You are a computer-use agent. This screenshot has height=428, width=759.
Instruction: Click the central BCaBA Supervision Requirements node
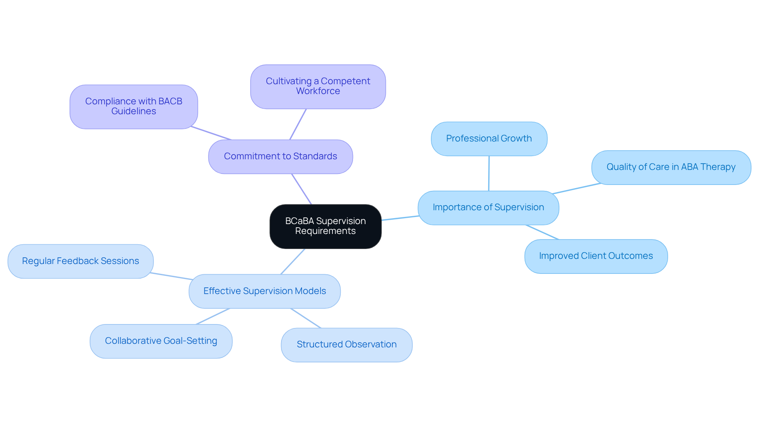pos(325,226)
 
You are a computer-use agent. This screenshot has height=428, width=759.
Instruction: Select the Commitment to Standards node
pos(280,156)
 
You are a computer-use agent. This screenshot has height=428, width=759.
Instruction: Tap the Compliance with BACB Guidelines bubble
pos(134,106)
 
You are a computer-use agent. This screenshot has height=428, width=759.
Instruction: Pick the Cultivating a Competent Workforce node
pos(318,86)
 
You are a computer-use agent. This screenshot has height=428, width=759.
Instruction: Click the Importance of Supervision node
pos(488,207)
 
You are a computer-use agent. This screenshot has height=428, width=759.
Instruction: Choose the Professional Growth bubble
pos(489,139)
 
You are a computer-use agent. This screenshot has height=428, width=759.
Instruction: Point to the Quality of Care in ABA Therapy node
pos(671,167)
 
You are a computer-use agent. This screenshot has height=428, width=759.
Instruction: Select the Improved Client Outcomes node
pos(596,256)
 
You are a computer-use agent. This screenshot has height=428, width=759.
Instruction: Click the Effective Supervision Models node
pos(264,291)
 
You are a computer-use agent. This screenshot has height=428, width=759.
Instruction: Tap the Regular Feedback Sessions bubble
pos(80,261)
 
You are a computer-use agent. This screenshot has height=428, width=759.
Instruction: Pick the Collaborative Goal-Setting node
pos(161,341)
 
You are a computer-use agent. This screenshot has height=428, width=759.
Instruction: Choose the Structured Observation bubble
pos(346,345)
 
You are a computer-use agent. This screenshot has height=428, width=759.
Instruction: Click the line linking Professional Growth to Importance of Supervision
pos(489,173)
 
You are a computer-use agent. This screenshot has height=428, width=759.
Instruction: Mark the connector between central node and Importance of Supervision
pos(400,218)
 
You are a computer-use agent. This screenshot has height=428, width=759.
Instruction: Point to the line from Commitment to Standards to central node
pos(302,189)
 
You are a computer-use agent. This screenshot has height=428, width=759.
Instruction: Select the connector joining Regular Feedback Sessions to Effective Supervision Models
pos(171,276)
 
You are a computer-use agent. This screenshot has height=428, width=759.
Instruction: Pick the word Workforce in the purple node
pos(318,91)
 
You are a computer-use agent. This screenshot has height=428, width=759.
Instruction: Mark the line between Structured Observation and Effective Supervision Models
pos(306,318)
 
